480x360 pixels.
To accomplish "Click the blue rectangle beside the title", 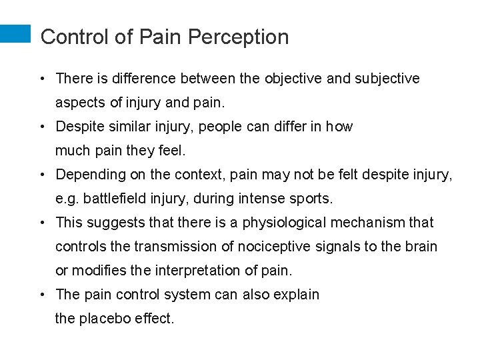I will coord(15,34).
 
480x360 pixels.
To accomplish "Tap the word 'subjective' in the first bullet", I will coord(387,79).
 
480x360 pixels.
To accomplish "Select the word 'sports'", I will coord(313,199).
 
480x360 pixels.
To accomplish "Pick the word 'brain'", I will coord(420,247).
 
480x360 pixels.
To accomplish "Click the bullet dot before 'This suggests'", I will coord(42,223).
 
